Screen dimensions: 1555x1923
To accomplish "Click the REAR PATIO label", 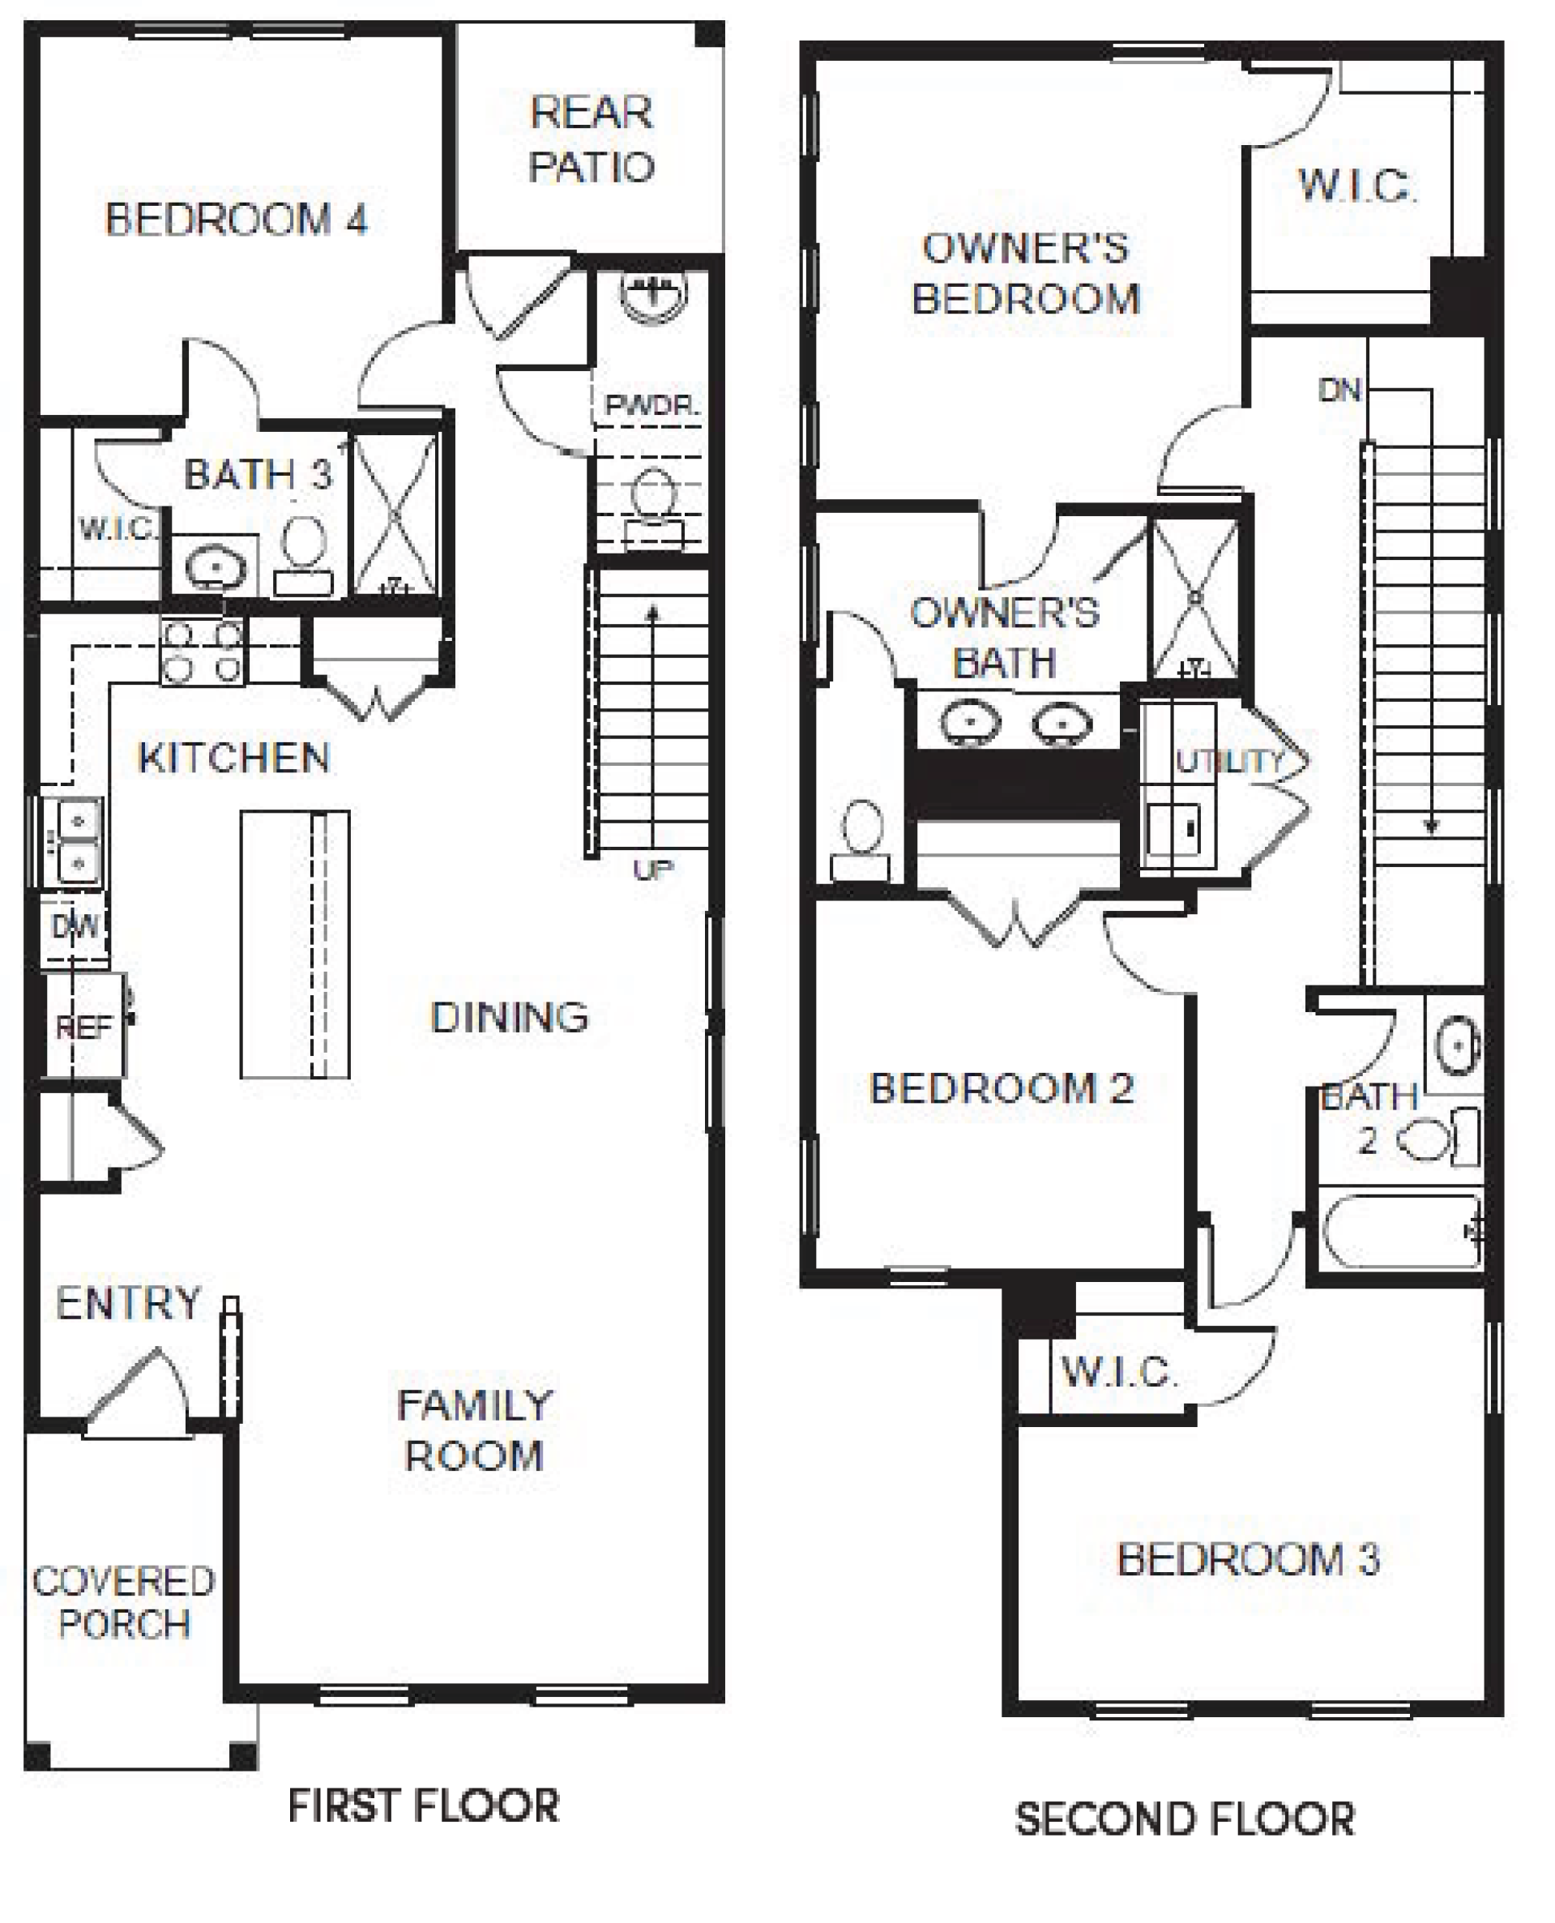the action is pos(592,139).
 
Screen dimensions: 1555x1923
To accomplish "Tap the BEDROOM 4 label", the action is pos(237,220).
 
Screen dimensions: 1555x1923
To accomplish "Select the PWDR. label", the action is pos(651,405).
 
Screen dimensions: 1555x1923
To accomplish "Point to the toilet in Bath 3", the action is pos(304,555).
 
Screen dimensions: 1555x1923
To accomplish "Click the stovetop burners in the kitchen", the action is pos(203,652).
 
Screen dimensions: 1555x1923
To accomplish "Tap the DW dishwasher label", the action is pos(75,926).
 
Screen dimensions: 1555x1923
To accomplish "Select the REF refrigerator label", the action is pos(83,1027).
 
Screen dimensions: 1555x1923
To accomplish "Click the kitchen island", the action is pos(295,944).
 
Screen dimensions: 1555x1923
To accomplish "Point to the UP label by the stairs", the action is pos(653,869).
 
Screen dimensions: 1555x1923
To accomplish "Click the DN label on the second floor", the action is pos(1339,390).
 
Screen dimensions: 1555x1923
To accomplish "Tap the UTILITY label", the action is pos(1229,761).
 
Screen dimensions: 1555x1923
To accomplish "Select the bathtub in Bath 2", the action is pos(1402,1232).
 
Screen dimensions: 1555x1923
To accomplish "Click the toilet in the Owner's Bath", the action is pos(861,840).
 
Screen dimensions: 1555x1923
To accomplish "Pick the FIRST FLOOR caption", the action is pos(424,1805).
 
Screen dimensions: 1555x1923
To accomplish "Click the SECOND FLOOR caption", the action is pos(1184,1819).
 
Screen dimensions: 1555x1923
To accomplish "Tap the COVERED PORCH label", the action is pos(124,1602).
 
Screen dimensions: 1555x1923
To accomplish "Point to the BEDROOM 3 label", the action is pos(1248,1559).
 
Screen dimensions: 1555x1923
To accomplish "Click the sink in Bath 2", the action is pos(1458,1045).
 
